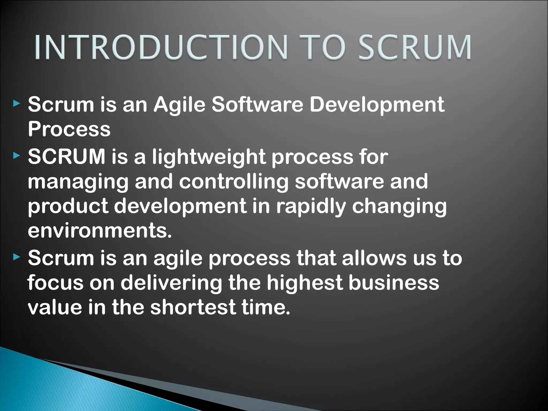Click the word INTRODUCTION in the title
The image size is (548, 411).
click(x=161, y=47)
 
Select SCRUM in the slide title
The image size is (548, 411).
click(x=415, y=47)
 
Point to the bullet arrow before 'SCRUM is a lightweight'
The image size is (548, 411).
click(x=17, y=155)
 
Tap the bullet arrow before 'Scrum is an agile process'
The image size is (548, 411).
click(x=17, y=257)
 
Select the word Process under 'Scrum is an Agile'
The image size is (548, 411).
click(x=69, y=129)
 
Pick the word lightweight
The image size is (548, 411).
click(x=209, y=157)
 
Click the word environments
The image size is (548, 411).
click(x=100, y=230)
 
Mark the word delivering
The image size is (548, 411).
click(x=171, y=283)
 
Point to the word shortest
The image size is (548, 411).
click(x=193, y=307)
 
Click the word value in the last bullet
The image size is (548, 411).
click(x=55, y=307)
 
